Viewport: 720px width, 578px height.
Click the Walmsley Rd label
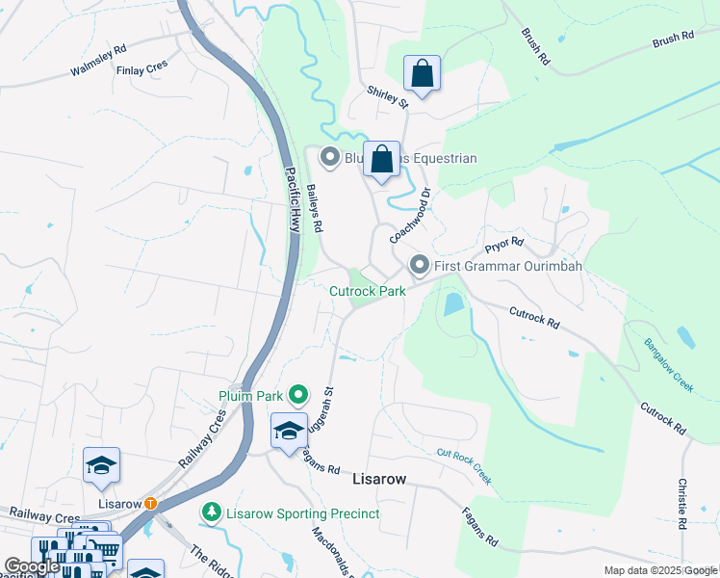(98, 61)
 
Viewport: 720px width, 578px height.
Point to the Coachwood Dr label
(408, 215)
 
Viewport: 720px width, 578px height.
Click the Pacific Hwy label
(293, 198)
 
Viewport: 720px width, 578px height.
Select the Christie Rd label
(681, 504)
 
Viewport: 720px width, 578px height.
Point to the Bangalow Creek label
(669, 364)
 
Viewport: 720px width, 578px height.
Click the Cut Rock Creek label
(464, 452)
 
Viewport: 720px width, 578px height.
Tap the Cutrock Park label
(368, 290)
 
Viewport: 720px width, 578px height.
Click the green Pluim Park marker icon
(298, 395)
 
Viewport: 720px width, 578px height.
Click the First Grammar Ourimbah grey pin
(420, 265)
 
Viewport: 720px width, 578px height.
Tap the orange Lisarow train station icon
(151, 503)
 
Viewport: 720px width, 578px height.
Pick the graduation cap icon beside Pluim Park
(289, 431)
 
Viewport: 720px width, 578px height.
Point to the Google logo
(31, 566)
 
